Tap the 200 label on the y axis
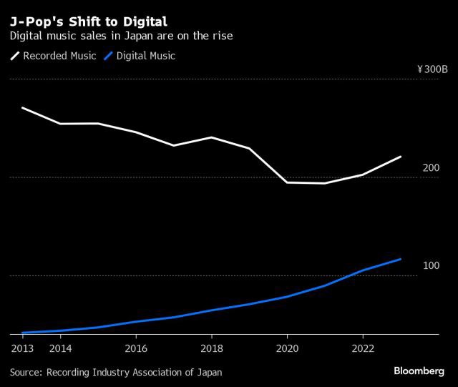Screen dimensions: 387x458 click(x=431, y=167)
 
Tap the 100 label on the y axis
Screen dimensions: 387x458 click(x=431, y=265)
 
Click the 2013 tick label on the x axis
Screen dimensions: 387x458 click(x=21, y=348)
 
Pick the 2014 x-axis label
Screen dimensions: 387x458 click(x=60, y=348)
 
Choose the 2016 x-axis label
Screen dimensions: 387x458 click(x=136, y=348)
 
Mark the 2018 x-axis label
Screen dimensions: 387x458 click(x=211, y=348)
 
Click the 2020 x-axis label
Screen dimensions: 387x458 click(x=287, y=348)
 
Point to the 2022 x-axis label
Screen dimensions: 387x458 click(x=363, y=348)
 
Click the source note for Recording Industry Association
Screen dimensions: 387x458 click(x=116, y=372)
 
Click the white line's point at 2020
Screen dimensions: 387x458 click(x=287, y=182)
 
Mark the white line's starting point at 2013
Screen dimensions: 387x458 click(x=23, y=108)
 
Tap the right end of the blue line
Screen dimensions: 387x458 click(x=401, y=259)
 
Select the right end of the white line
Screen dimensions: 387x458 click(x=401, y=157)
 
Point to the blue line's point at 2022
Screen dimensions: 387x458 click(x=363, y=270)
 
